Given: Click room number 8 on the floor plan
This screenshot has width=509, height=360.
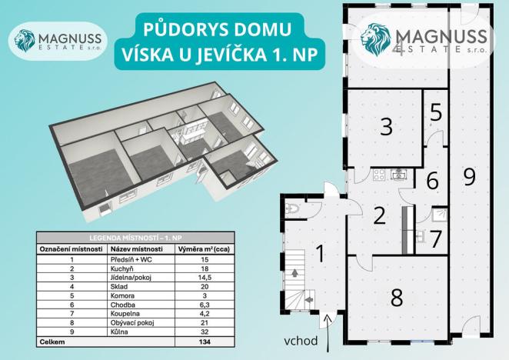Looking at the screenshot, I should pyautogui.click(x=397, y=297).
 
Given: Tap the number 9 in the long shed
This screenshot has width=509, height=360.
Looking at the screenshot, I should pyautogui.click(x=469, y=176).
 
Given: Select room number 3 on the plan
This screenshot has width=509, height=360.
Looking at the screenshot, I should pyautogui.click(x=386, y=125).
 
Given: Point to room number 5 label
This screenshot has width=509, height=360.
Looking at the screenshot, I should pyautogui.click(x=436, y=112).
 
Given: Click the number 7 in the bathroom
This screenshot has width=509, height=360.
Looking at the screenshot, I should pyautogui.click(x=436, y=238).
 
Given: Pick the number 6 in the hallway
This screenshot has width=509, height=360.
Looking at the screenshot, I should pyautogui.click(x=433, y=182).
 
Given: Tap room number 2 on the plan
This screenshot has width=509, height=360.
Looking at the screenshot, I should pyautogui.click(x=378, y=215).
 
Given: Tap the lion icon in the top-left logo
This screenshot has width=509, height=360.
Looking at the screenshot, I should pyautogui.click(x=26, y=41).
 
